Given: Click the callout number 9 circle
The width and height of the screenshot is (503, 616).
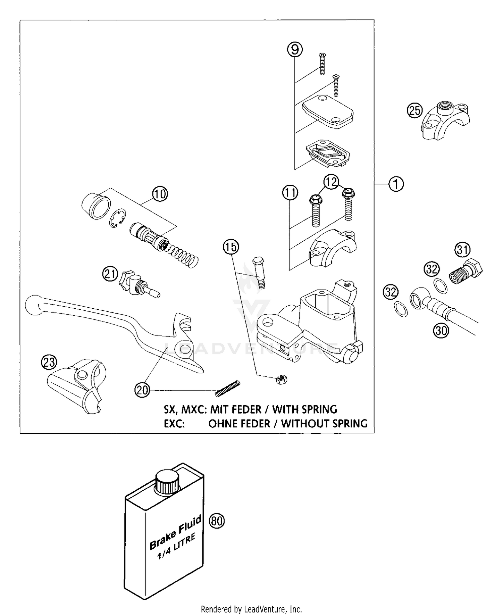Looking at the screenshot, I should [x=295, y=50].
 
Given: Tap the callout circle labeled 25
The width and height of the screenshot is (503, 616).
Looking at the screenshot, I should [x=415, y=110].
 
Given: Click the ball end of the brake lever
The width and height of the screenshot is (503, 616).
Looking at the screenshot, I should [x=33, y=305].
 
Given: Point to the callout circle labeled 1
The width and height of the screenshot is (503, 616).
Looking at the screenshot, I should [x=396, y=184].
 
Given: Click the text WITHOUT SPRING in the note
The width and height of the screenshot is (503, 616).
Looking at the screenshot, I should [x=324, y=423].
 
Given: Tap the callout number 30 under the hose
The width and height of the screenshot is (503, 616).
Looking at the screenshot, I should [x=441, y=331].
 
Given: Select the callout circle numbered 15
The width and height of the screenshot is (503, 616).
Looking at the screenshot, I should [x=231, y=247].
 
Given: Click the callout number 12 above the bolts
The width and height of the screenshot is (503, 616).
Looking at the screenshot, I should [x=331, y=182].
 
